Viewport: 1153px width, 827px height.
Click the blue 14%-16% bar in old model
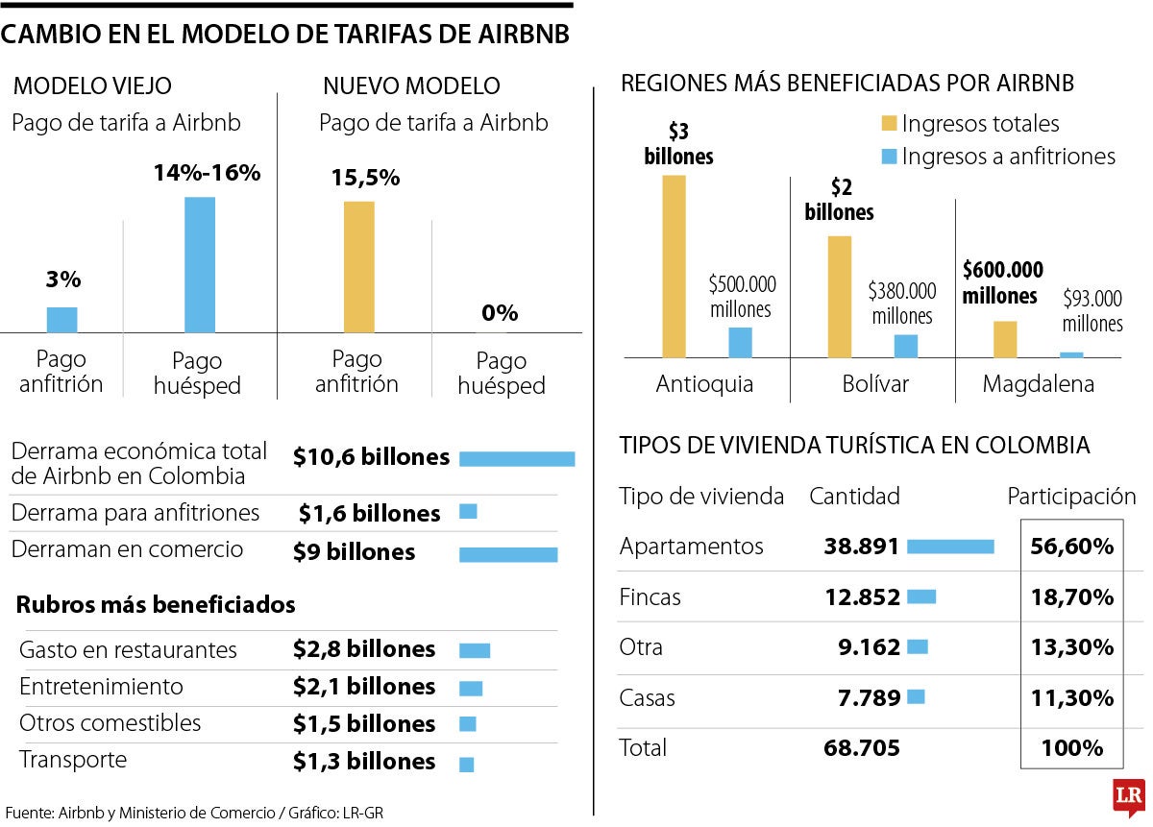(200, 264)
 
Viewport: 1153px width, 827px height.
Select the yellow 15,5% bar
(359, 266)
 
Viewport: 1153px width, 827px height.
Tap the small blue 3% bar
(62, 320)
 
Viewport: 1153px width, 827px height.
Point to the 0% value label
(500, 313)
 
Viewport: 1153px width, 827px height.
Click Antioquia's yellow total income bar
(675, 266)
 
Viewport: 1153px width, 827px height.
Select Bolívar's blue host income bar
(905, 346)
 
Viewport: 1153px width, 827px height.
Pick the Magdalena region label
(1038, 384)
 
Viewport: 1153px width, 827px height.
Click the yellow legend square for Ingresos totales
(889, 124)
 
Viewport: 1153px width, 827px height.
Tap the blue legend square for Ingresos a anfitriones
(889, 156)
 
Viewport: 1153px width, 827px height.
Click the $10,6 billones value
(371, 457)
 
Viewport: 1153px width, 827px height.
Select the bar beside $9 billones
(508, 554)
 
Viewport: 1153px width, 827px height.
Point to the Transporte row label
(73, 760)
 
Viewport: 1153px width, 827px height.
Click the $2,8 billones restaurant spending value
(364, 649)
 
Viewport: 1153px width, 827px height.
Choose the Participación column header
(1071, 497)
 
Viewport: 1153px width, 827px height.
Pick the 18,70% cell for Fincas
(1071, 597)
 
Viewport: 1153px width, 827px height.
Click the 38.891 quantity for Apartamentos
(861, 547)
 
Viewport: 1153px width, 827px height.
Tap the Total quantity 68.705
(862, 747)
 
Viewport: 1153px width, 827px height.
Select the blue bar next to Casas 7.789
(916, 696)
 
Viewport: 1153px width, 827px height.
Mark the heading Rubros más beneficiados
(156, 605)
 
